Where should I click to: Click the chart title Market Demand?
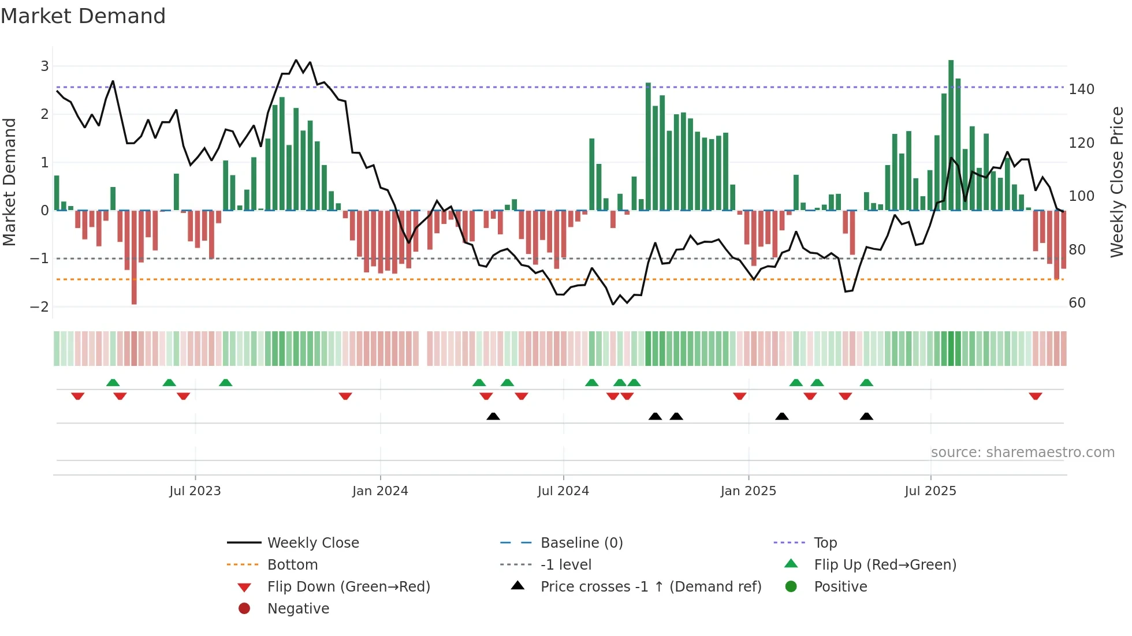[x=83, y=16]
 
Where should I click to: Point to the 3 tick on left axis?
[x=44, y=66]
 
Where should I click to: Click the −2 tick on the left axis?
[x=40, y=306]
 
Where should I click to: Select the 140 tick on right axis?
[x=1081, y=89]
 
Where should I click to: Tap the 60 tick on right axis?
[x=1077, y=303]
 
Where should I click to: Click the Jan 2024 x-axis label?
[x=380, y=491]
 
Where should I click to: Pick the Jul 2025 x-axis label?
[x=930, y=491]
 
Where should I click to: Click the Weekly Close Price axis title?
[x=1117, y=182]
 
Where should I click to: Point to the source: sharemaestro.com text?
[x=1022, y=452]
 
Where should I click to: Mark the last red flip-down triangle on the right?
[x=1035, y=396]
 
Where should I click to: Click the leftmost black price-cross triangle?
[x=493, y=416]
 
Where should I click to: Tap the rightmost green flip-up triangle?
[x=866, y=383]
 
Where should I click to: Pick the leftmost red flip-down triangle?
[x=77, y=396]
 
